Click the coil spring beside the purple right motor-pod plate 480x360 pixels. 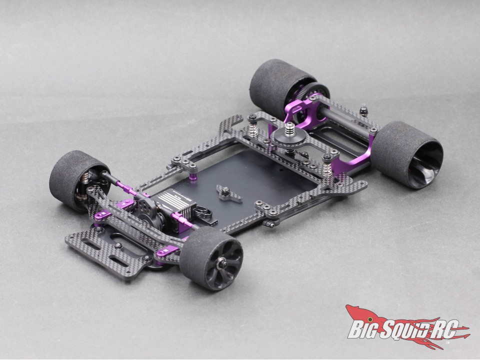(x=328, y=163)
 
